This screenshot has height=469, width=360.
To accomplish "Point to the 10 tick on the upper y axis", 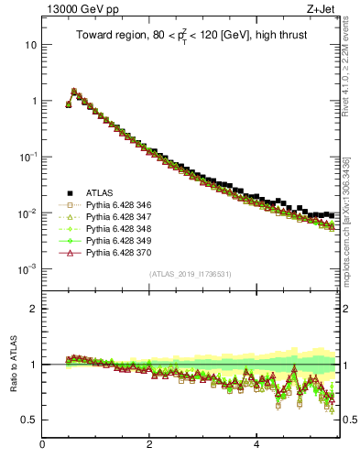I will (30, 45).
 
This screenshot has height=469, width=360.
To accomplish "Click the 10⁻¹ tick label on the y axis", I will (27, 157).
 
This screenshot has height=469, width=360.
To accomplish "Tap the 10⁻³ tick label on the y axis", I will (27, 269).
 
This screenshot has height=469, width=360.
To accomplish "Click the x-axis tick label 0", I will (42, 446).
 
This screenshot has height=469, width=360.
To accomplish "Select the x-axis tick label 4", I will (256, 446).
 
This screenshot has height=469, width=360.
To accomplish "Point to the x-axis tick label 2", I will (149, 446).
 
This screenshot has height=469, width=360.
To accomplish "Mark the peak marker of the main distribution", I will (74, 92).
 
